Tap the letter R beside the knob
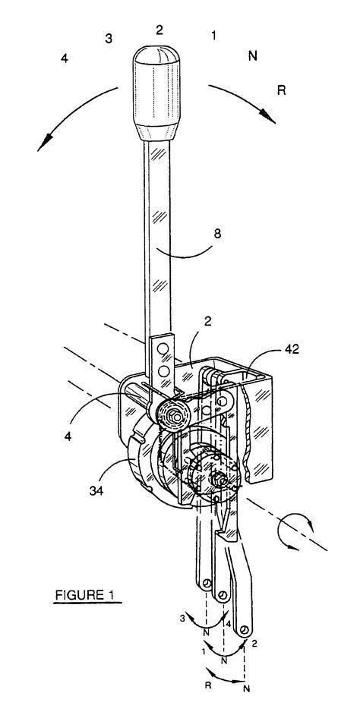point(281,90)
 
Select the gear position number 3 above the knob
point(109,38)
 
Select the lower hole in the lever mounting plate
point(161,372)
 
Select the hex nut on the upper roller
point(181,416)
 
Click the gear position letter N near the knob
point(254,55)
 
